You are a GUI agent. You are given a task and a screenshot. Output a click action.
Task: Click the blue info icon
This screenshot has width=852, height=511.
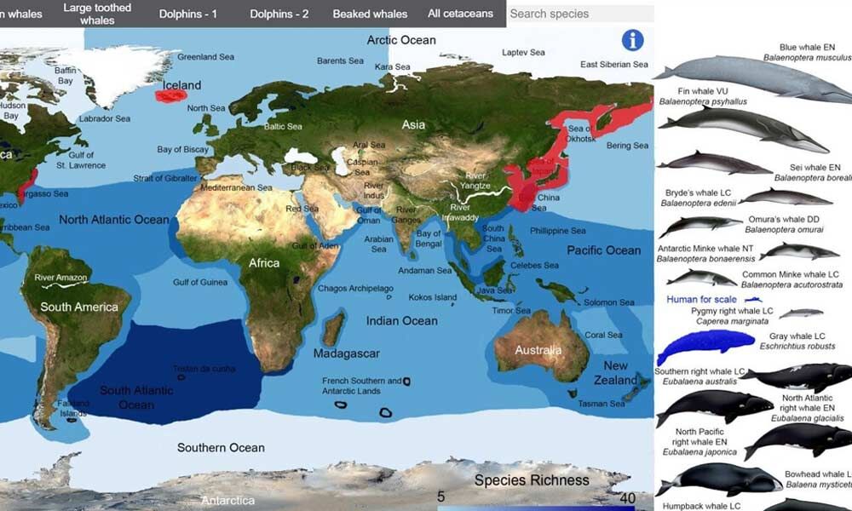point(632,40)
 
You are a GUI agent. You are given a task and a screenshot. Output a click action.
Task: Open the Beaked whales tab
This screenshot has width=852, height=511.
point(370,14)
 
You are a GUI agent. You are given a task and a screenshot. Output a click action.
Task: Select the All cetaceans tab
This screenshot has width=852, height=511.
point(460,14)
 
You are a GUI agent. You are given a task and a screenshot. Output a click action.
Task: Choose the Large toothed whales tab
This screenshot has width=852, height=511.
point(97,14)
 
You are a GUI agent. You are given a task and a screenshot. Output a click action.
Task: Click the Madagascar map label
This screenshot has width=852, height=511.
point(346,353)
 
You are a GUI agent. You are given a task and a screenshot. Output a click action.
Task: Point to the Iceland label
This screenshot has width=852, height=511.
point(181,85)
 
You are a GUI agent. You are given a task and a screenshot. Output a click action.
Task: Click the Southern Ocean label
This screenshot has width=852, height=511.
point(221,448)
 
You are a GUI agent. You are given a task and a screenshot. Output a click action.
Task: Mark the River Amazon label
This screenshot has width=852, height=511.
point(60,278)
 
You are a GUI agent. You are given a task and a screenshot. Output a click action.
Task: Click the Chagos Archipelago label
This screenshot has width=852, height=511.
point(355,289)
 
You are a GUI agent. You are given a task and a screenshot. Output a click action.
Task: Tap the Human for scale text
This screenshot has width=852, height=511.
point(701,300)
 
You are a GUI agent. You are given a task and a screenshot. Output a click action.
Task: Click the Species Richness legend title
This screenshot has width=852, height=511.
point(532,480)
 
